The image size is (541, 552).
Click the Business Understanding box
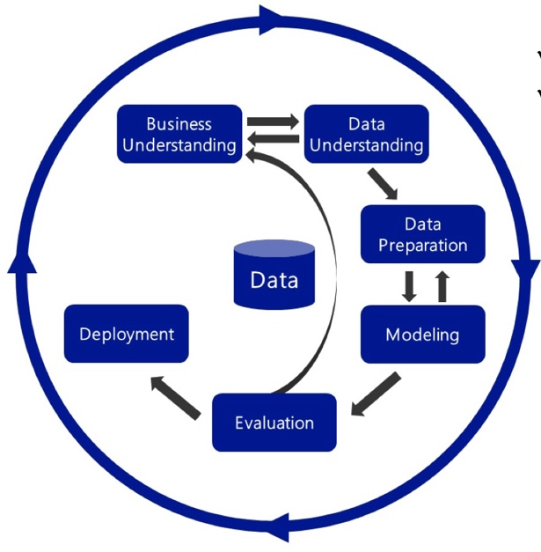[x=179, y=134]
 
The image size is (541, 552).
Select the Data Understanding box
[x=366, y=134]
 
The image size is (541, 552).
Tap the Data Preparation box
[x=422, y=234]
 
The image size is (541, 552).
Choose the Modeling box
[x=422, y=335]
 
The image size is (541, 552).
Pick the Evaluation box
[x=274, y=423]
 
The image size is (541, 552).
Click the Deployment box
[x=127, y=334]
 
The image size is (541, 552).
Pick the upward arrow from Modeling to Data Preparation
[x=442, y=285]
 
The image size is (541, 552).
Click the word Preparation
[x=422, y=245]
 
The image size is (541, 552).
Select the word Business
[x=179, y=124]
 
